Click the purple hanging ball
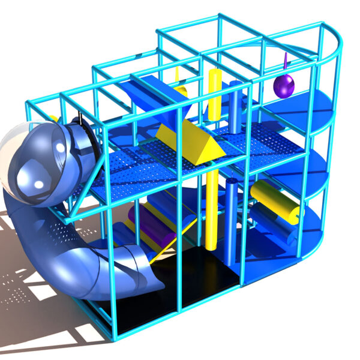(x=283, y=85)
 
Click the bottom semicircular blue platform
(x=300, y=237)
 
